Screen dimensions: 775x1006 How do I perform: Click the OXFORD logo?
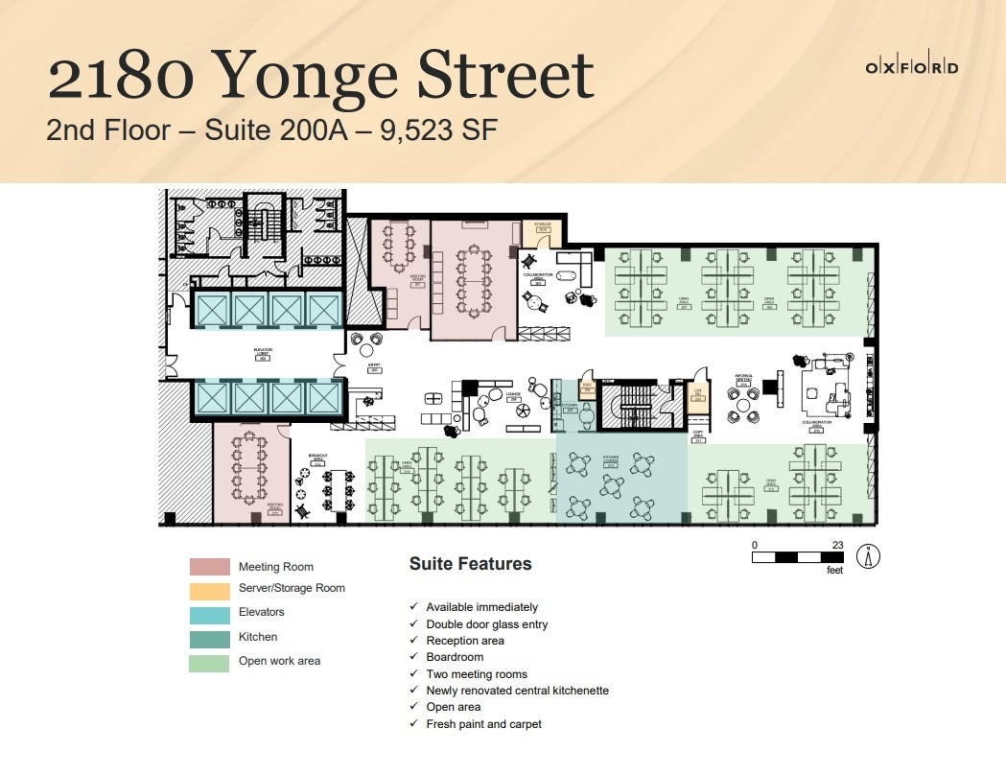(911, 67)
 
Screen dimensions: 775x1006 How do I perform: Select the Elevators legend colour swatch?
(209, 612)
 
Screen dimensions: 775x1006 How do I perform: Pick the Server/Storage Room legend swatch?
(209, 590)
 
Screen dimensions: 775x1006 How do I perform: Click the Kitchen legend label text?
(258, 637)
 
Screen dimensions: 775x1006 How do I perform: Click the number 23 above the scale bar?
(837, 545)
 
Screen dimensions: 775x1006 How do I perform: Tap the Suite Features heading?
(470, 564)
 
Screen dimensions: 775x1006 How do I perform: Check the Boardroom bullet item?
(455, 657)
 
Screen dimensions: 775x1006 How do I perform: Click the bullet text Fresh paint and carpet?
(483, 724)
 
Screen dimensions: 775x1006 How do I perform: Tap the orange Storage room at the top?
(543, 230)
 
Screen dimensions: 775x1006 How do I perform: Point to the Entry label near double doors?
(375, 367)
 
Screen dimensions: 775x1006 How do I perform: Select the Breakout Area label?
(319, 458)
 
